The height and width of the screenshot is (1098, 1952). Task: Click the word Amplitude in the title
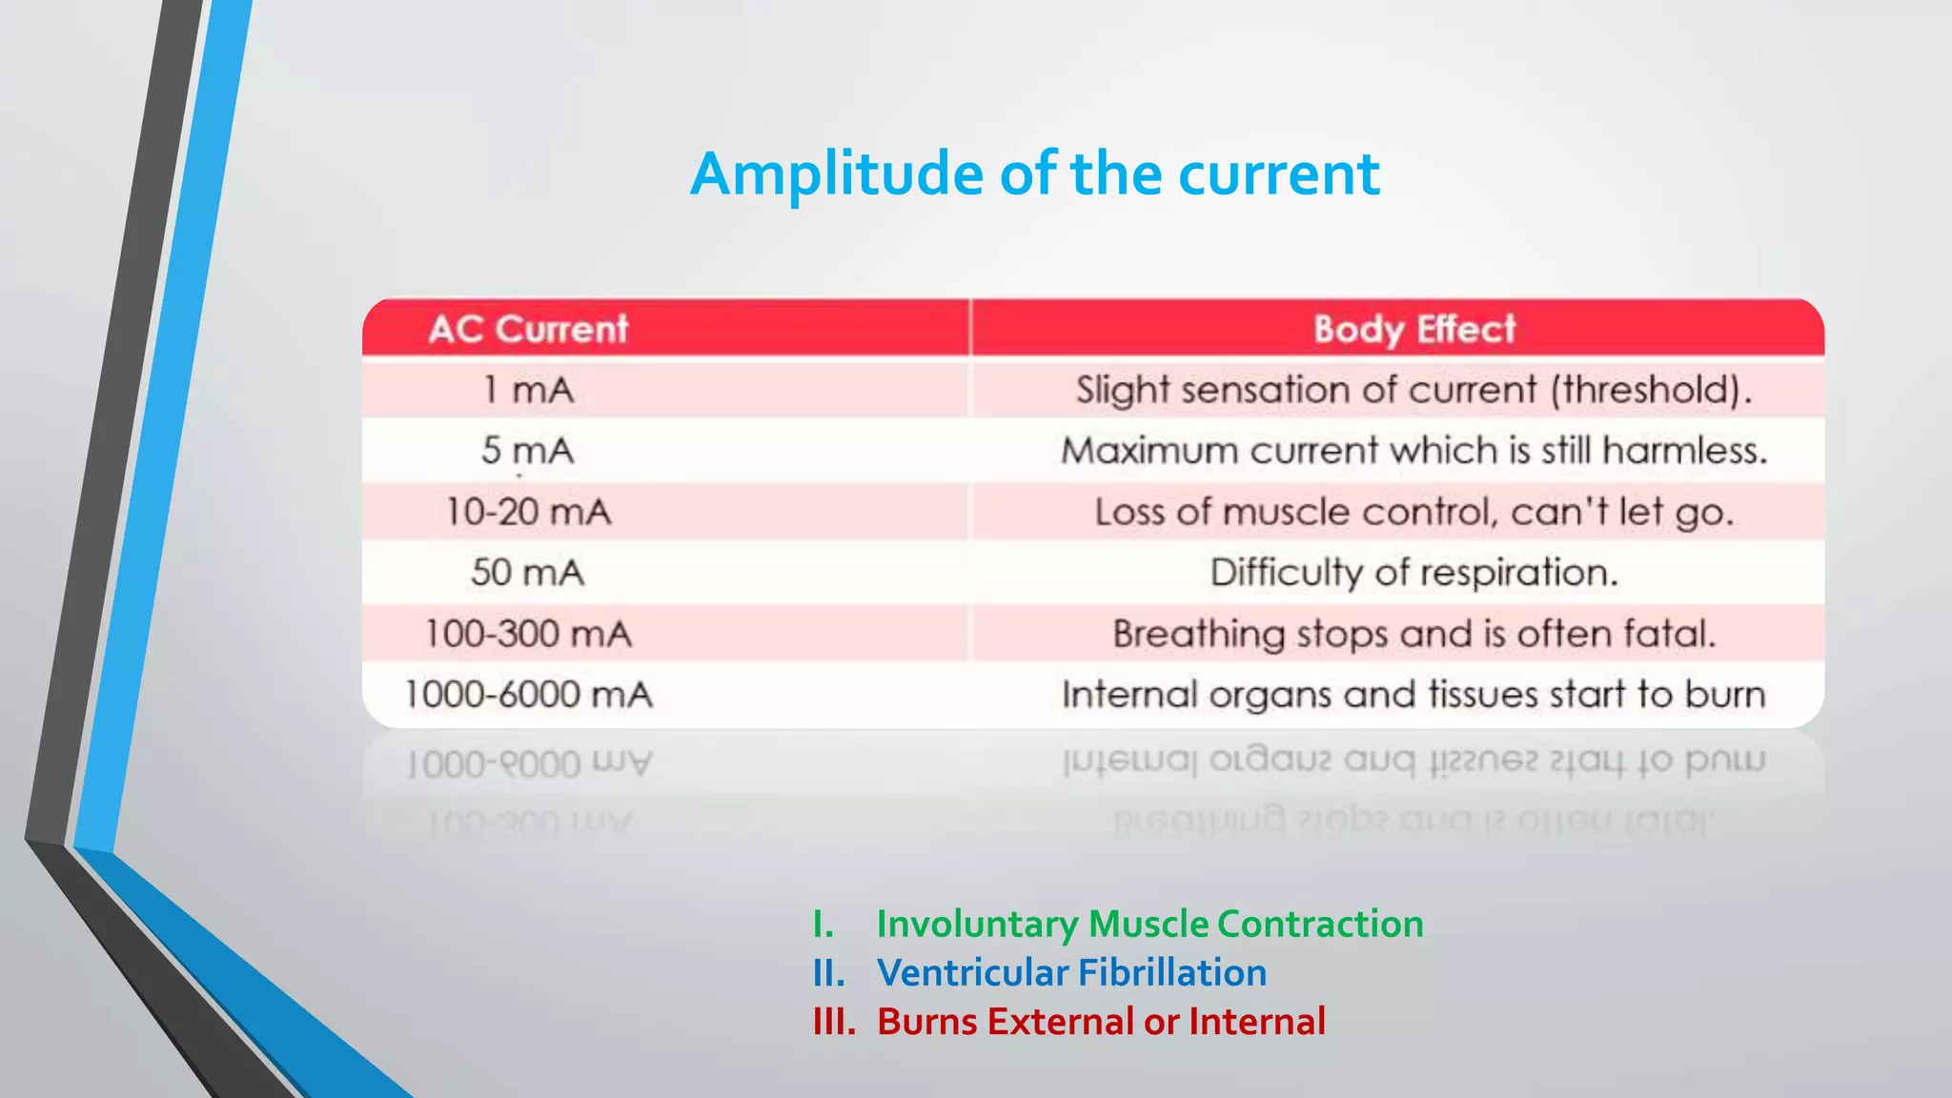pos(836,175)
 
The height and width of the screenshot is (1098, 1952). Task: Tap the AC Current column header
pos(528,330)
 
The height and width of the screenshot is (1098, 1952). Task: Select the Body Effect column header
pos(1413,330)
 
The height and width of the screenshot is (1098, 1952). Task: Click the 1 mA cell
pos(528,390)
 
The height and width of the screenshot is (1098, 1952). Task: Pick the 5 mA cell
pos(528,451)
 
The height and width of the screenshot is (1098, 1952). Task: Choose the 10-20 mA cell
pos(528,512)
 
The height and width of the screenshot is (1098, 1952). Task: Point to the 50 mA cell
pos(528,573)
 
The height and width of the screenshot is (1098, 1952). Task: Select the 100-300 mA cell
pos(528,634)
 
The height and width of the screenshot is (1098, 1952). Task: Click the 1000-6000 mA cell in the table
pos(528,695)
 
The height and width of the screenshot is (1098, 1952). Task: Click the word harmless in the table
pos(1684,451)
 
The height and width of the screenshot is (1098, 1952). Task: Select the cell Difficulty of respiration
pos(1413,573)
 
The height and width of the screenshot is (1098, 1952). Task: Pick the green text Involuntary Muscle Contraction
pos(1149,924)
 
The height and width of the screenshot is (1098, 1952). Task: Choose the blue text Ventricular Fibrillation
pos(1071,973)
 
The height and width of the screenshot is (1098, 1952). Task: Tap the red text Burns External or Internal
pos(1101,1022)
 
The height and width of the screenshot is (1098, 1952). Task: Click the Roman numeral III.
pos(834,1022)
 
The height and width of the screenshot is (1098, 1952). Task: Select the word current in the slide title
pos(1278,175)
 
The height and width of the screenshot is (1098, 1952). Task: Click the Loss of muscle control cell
pos(1413,512)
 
